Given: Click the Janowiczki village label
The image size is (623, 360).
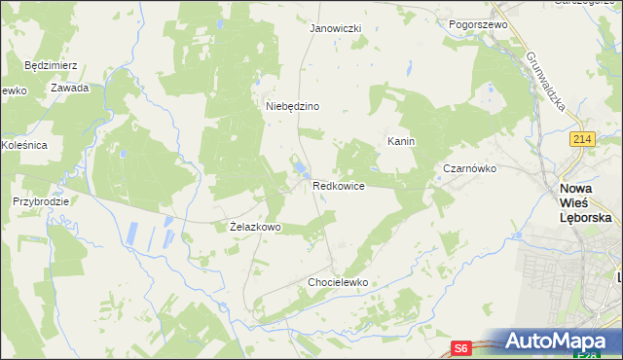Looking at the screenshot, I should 335,28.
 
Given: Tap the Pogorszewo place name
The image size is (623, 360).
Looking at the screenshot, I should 479,23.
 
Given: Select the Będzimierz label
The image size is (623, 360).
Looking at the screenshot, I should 51,66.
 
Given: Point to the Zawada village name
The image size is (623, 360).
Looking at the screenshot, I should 70,88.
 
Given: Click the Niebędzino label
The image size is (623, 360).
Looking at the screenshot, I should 292,106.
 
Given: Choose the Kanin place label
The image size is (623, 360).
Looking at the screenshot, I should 401,141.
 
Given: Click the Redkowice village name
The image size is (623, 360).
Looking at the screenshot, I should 339,185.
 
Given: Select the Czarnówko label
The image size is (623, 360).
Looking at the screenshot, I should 470,168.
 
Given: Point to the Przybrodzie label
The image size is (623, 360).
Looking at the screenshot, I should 40,201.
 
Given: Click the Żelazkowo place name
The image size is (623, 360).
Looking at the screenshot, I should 255,227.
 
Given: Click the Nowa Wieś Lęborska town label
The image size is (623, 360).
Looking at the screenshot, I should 584,203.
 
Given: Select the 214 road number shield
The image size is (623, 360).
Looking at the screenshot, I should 582,141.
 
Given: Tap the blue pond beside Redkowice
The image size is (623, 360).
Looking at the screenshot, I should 298,175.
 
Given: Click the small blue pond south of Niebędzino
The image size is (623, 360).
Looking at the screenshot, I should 122,153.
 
